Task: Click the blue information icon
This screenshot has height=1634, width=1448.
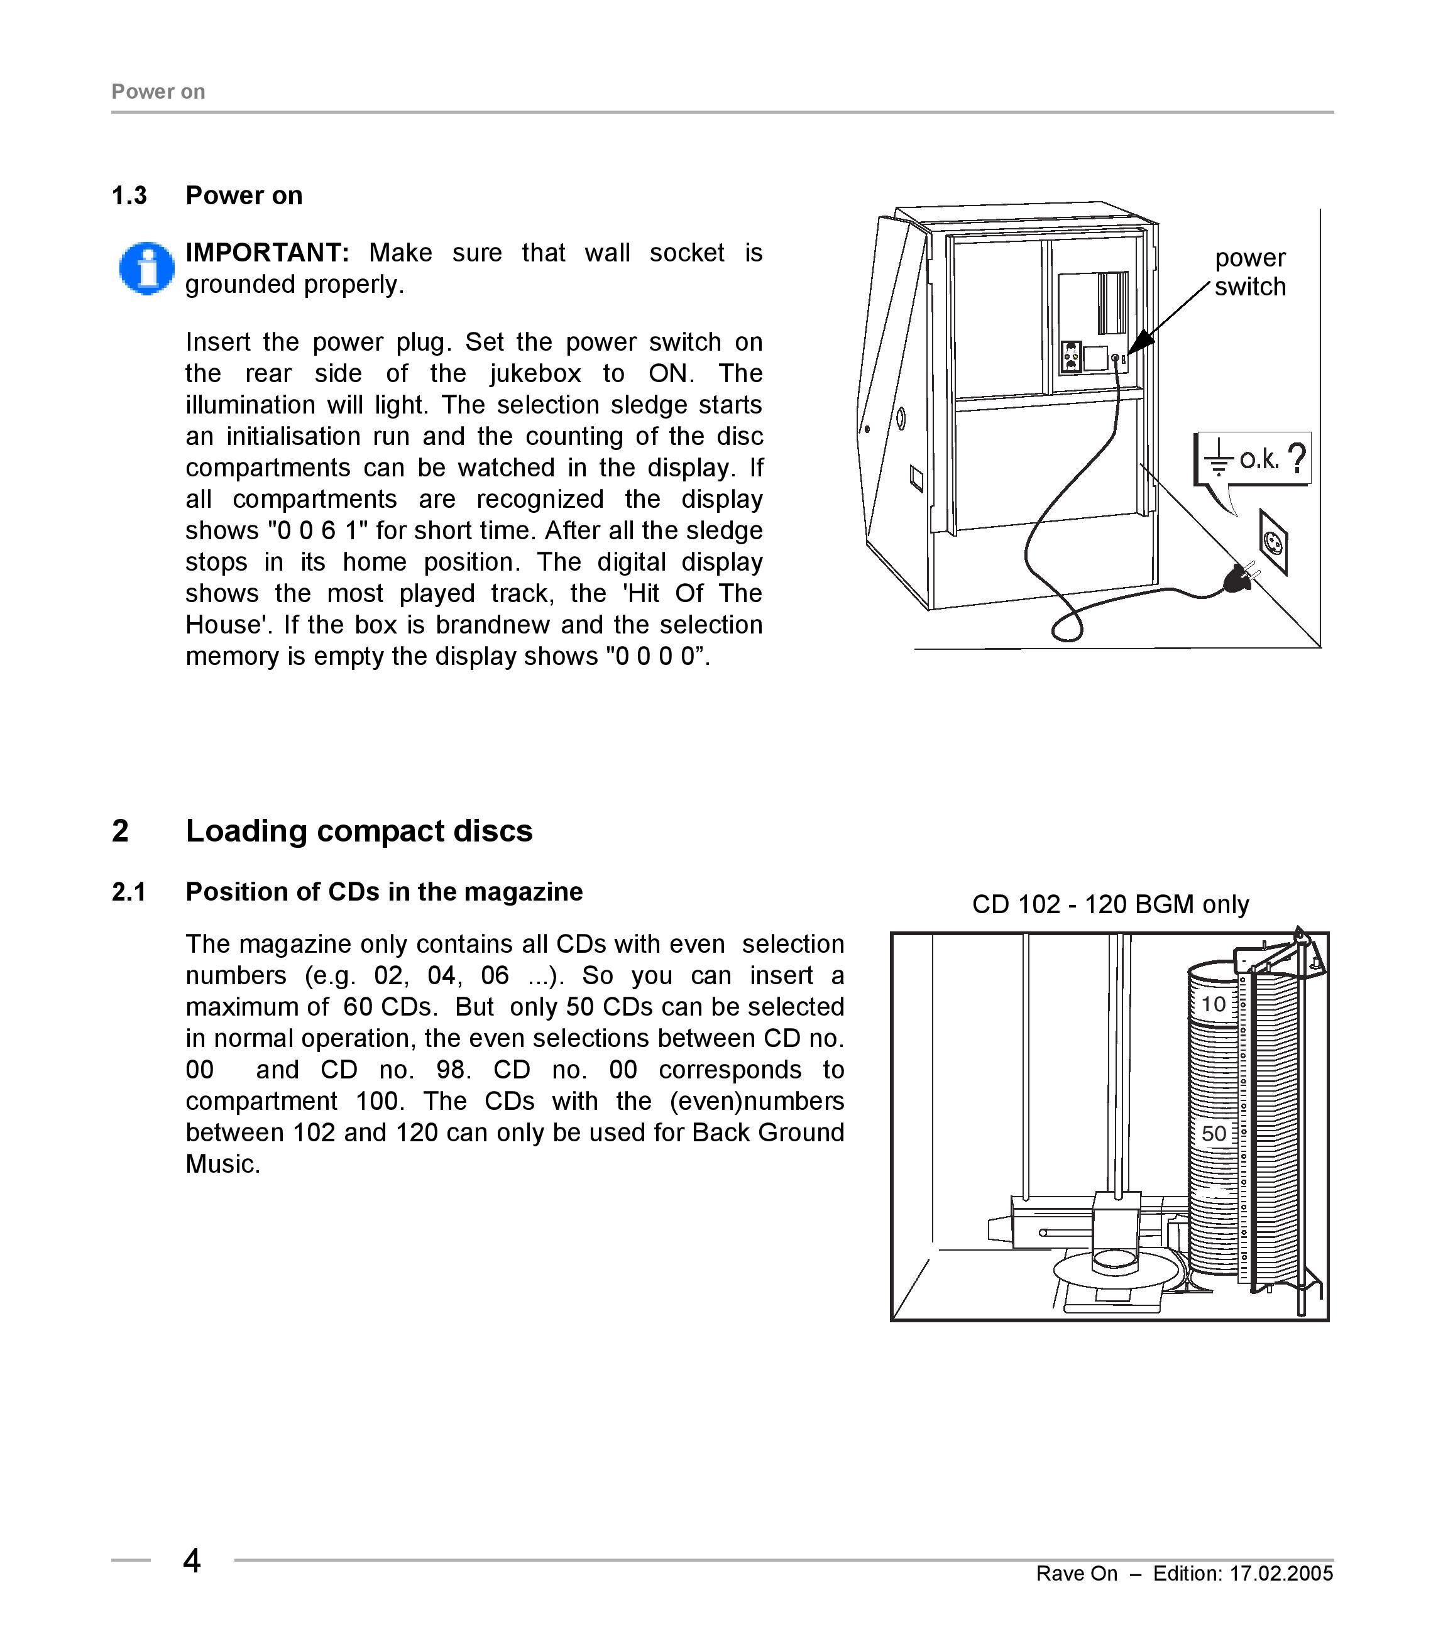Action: click(x=146, y=268)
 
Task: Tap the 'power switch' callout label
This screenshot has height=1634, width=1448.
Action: click(x=1249, y=271)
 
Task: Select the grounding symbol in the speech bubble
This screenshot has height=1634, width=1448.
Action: click(x=1218, y=458)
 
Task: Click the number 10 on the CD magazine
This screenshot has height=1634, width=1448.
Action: click(x=1213, y=1004)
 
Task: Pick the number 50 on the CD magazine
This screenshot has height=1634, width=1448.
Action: click(x=1213, y=1134)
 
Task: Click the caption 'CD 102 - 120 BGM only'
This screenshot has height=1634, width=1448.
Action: click(x=1110, y=904)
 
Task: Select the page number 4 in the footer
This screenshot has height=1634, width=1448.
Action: click(x=192, y=1560)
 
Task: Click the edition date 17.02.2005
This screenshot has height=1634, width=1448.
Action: click(x=1281, y=1573)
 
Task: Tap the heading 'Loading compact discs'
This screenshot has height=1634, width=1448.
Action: click(x=359, y=831)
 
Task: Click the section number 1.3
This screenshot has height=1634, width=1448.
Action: click(x=129, y=196)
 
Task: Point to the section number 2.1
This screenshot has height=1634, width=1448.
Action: click(x=129, y=892)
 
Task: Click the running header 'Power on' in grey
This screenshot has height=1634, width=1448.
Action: click(x=158, y=92)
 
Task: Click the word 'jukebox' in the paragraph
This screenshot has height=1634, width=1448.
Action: click(x=535, y=374)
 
